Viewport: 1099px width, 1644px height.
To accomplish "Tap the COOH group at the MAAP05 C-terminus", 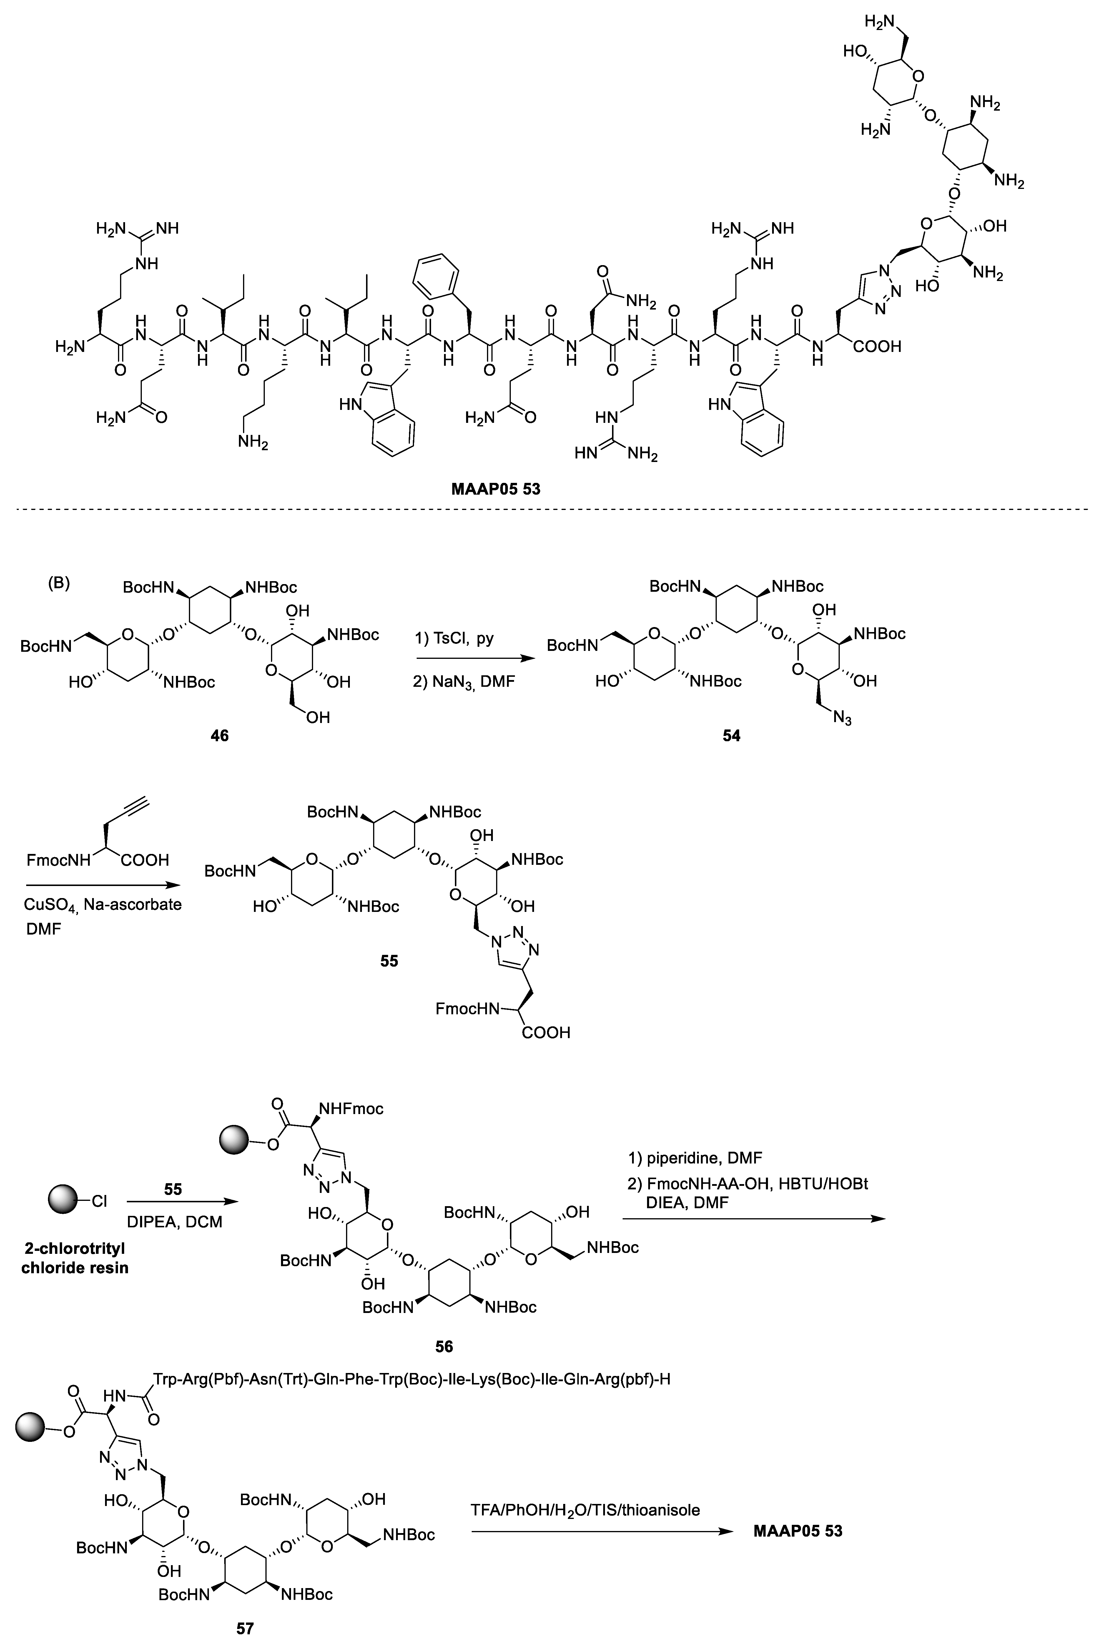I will tap(877, 346).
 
